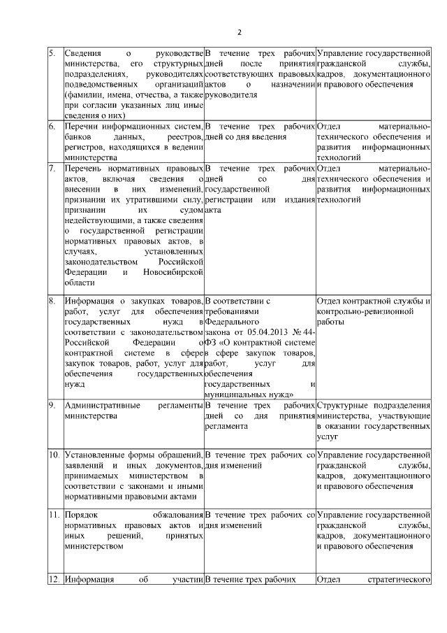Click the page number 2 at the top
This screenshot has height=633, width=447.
pyautogui.click(x=240, y=32)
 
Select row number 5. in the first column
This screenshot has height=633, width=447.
pyautogui.click(x=52, y=53)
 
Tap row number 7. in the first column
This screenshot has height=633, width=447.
pyautogui.click(x=52, y=169)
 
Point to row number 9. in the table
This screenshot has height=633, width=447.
pyautogui.click(x=52, y=405)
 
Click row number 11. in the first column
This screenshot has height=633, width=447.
pyautogui.click(x=53, y=515)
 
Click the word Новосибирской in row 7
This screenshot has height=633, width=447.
pyautogui.click(x=173, y=272)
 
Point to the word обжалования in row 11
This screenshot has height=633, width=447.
pyautogui.click(x=176, y=515)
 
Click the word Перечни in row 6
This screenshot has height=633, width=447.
pyautogui.click(x=80, y=127)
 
